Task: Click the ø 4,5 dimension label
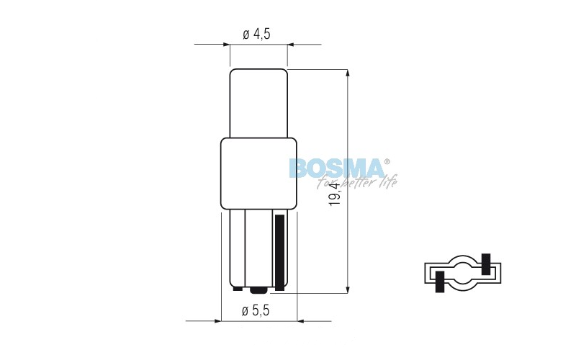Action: [257, 33]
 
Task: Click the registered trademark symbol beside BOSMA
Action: [387, 161]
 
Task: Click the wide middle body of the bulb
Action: [258, 174]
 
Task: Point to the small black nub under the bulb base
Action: [258, 291]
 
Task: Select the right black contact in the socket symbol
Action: [485, 264]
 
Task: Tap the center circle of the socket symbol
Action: [462, 272]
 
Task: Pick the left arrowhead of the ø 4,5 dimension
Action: [225, 45]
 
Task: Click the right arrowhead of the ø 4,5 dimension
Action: [292, 45]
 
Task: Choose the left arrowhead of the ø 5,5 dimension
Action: [215, 321]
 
